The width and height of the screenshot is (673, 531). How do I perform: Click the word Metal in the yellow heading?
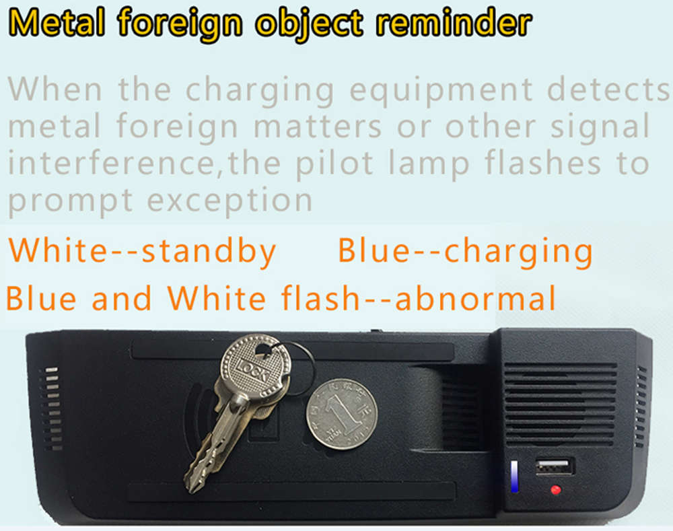pyautogui.click(x=57, y=23)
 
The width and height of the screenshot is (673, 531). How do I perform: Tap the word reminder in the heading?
pyautogui.click(x=454, y=22)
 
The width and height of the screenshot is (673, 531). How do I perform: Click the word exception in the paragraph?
pyautogui.click(x=229, y=201)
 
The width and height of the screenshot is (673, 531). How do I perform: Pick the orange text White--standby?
pyautogui.click(x=141, y=250)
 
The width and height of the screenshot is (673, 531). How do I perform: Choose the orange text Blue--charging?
pyautogui.click(x=465, y=251)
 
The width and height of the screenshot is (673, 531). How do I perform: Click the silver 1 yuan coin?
pyautogui.click(x=342, y=414)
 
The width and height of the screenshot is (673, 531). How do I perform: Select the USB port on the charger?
pyautogui.click(x=555, y=466)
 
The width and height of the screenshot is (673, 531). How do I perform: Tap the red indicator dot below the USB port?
pyautogui.click(x=555, y=490)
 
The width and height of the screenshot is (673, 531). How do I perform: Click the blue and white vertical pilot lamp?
pyautogui.click(x=514, y=476)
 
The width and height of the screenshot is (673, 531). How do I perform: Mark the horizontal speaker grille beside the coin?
pyautogui.click(x=560, y=404)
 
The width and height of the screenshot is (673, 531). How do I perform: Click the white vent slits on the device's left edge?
pyautogui.click(x=52, y=408)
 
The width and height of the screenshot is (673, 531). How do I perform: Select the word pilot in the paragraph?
pyautogui.click(x=334, y=164)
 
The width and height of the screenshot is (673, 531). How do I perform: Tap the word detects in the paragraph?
pyautogui.click(x=608, y=90)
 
